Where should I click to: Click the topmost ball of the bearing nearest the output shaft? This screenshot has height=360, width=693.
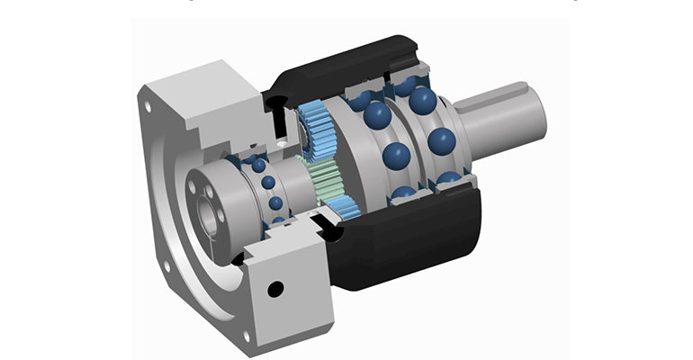point(424,99)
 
